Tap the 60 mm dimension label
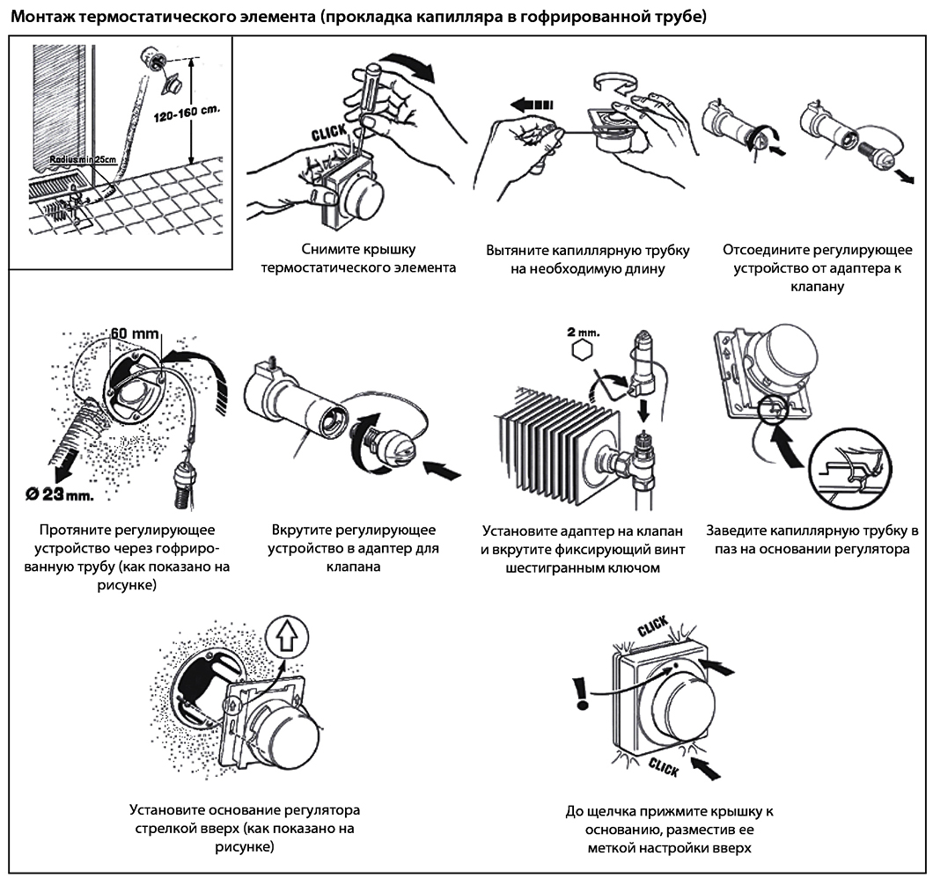(136, 333)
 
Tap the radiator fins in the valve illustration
(554, 432)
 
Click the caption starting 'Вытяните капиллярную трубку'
(587, 259)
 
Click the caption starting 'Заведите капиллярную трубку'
(812, 540)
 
